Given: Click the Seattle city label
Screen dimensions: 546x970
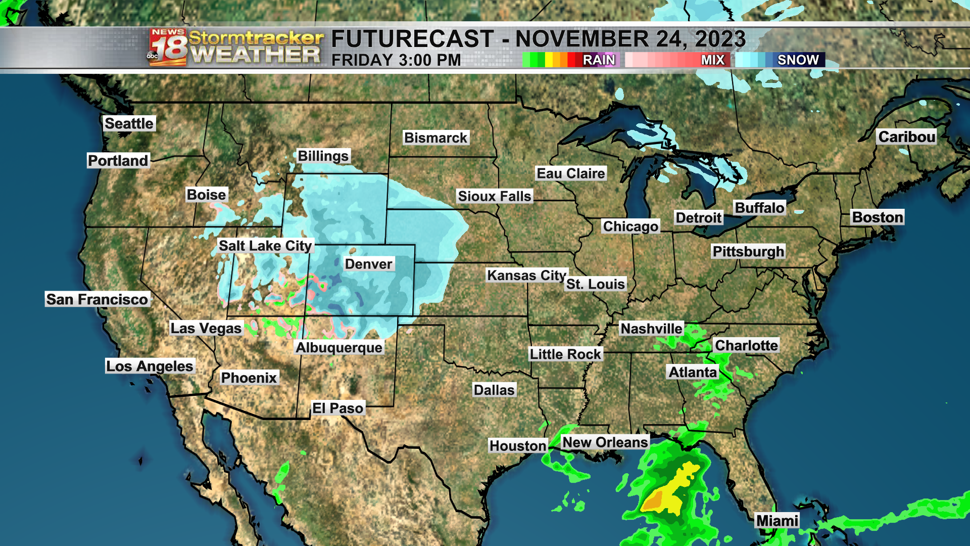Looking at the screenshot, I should (x=129, y=123).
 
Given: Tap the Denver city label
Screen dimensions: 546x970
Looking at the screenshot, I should (x=368, y=264).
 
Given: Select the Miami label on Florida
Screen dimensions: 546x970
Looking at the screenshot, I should (x=777, y=521).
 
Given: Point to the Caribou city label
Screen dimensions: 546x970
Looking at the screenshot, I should (x=906, y=137).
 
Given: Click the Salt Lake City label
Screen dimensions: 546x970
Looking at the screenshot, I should (x=265, y=246).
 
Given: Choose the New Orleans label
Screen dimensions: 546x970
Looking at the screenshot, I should (x=605, y=442).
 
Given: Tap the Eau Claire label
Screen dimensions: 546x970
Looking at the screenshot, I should (x=570, y=173).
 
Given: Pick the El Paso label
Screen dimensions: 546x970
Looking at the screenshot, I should (x=337, y=408).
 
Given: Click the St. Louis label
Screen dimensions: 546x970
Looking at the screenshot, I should (x=595, y=284).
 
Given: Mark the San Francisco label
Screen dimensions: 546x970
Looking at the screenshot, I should (x=97, y=299).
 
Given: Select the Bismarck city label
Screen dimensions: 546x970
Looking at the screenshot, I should (x=435, y=138).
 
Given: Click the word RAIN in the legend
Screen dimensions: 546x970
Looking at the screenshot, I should (x=599, y=60).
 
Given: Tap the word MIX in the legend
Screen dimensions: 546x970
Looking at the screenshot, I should (x=712, y=60).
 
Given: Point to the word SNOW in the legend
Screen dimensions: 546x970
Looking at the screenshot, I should (x=798, y=60).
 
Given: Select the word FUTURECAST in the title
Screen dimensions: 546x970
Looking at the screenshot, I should (x=412, y=39).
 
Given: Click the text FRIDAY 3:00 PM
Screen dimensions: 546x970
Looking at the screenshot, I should (x=396, y=60).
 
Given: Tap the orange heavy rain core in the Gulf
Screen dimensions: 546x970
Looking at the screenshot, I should (x=653, y=502).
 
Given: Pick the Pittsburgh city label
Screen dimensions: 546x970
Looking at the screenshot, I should (x=748, y=251).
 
